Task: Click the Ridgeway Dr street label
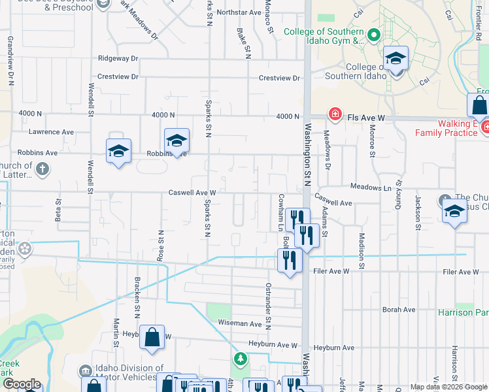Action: click(x=118, y=58)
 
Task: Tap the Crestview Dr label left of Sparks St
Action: click(x=118, y=76)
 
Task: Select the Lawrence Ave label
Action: click(x=51, y=132)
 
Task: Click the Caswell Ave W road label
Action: click(x=192, y=193)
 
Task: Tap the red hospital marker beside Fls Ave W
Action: click(x=335, y=114)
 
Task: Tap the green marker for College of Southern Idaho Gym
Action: click(x=373, y=35)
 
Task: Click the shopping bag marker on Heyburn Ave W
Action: click(x=152, y=338)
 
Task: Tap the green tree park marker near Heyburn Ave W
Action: click(x=240, y=359)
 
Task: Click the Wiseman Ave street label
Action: click(x=240, y=323)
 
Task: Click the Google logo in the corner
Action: click(x=22, y=384)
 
